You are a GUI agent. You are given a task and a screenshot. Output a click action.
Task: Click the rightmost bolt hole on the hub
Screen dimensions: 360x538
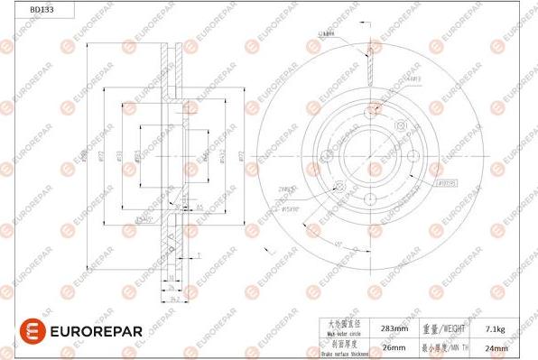[x=416, y=155]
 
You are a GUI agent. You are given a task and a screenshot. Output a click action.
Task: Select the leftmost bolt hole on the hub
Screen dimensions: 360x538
[x=323, y=155]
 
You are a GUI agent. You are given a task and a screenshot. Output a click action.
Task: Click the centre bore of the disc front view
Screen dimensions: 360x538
[x=370, y=155]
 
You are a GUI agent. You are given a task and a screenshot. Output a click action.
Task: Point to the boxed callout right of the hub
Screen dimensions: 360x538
[x=445, y=181]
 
